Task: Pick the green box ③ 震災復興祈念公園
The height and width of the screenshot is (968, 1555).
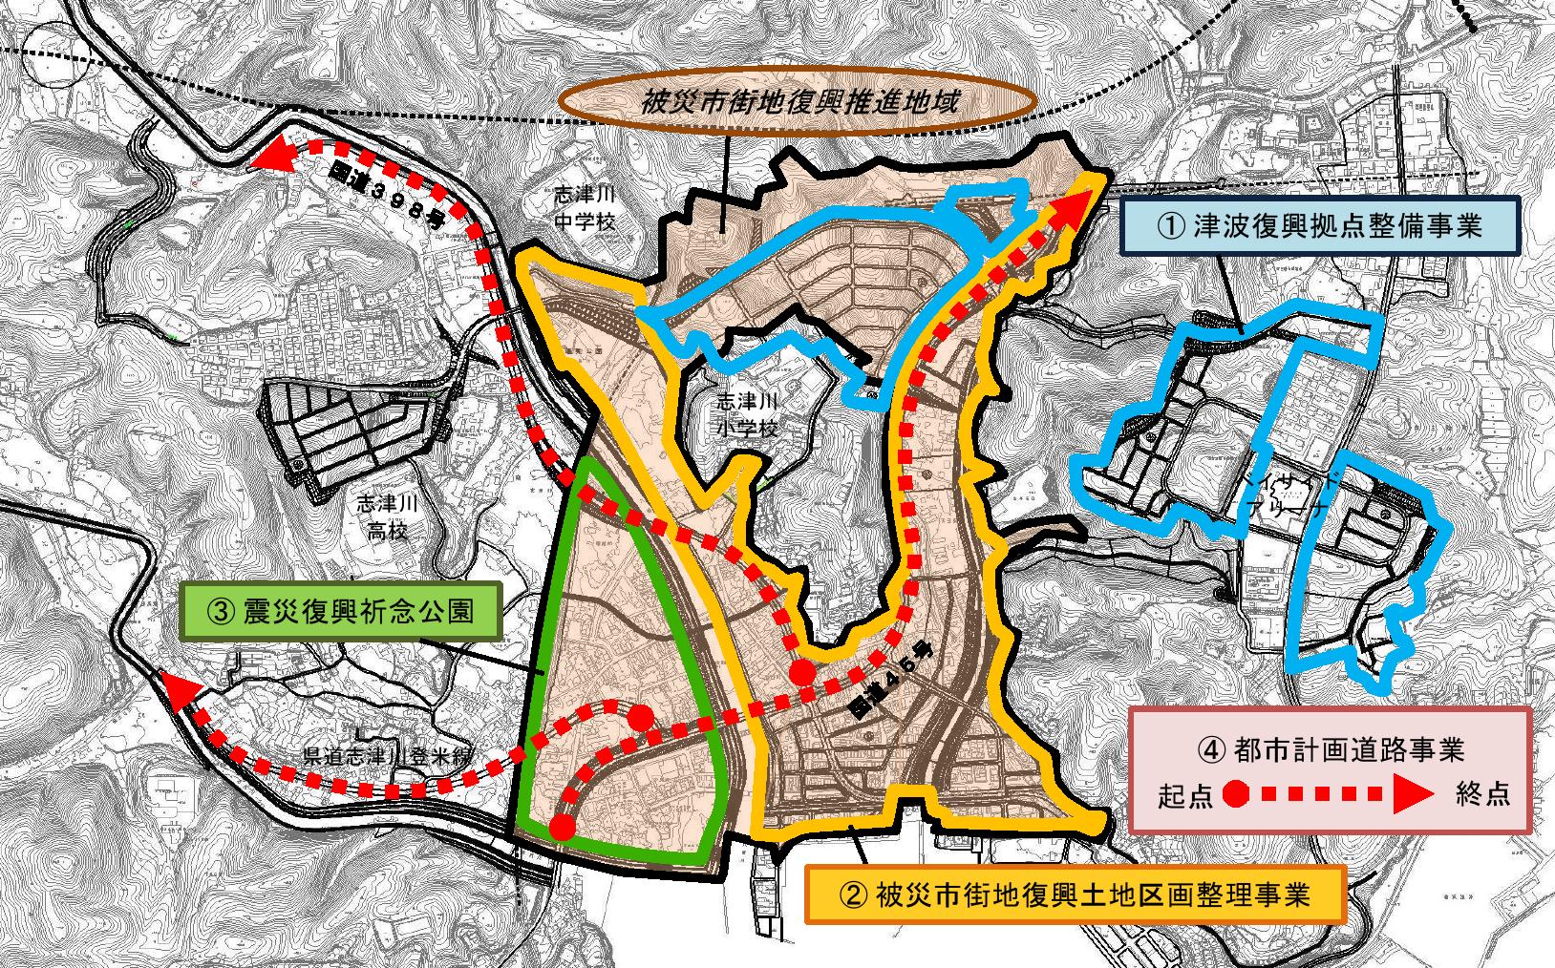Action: pyautogui.click(x=342, y=610)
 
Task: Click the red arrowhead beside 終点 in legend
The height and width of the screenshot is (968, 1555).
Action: pyautogui.click(x=1409, y=794)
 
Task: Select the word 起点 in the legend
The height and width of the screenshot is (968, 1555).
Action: pyautogui.click(x=1184, y=795)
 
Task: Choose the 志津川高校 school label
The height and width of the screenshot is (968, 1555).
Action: pyautogui.click(x=387, y=516)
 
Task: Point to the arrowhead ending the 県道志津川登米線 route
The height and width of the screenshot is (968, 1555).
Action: pyautogui.click(x=180, y=689)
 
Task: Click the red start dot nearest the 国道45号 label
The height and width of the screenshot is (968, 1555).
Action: pyautogui.click(x=803, y=673)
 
